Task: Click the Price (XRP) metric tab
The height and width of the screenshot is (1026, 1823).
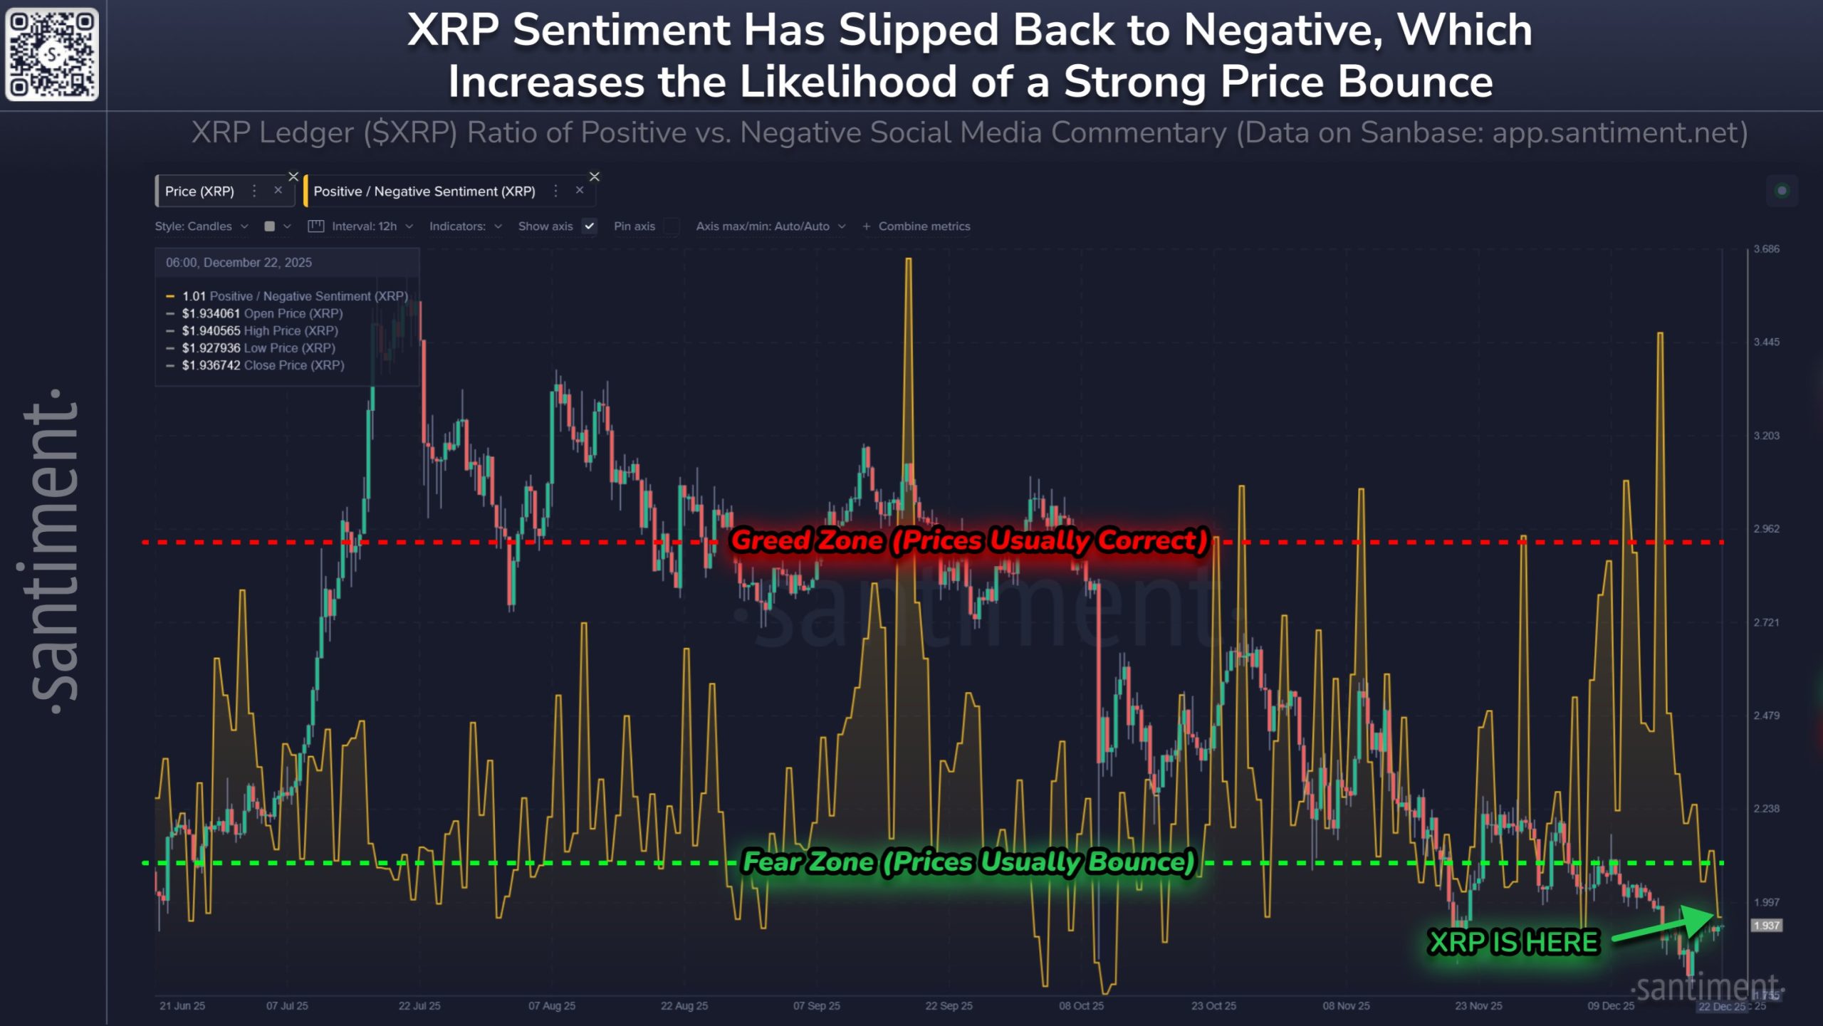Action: point(200,191)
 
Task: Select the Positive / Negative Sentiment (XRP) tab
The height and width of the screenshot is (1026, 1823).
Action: point(424,191)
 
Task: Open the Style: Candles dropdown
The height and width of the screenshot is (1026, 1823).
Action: point(202,226)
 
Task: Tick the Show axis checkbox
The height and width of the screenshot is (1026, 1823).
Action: point(590,226)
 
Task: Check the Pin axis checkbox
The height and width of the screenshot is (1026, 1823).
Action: point(671,226)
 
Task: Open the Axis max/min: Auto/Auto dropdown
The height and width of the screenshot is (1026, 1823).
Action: point(770,226)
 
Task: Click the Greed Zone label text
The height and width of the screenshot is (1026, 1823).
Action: point(969,540)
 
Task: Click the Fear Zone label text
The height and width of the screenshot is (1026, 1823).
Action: point(968,862)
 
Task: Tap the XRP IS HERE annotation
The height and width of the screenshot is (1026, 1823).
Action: point(1514,942)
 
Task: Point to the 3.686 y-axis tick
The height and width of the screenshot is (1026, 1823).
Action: point(1766,249)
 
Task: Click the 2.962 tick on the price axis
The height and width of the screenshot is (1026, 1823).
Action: point(1766,529)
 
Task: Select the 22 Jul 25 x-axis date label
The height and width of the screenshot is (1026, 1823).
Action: point(419,1006)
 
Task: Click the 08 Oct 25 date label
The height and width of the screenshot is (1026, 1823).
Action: point(1081,1006)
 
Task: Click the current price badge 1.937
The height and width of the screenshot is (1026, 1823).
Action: point(1766,926)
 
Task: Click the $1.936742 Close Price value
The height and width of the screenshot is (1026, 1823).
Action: point(211,365)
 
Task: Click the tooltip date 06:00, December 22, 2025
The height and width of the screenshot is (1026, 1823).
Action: point(239,263)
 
